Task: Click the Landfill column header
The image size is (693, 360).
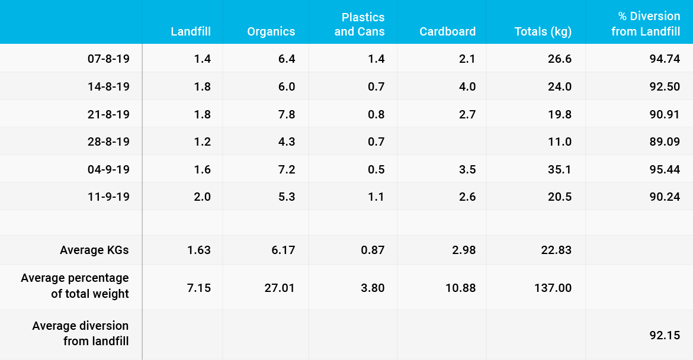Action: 191,32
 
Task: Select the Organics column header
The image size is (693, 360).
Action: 271,32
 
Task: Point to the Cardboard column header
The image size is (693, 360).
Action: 447,32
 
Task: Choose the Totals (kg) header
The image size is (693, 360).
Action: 543,32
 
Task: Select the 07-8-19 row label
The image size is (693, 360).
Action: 108,59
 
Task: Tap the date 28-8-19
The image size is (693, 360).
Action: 108,142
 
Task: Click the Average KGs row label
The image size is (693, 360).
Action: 94,250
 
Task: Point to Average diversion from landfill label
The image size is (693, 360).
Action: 81,333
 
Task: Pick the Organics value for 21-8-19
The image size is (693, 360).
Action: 287,114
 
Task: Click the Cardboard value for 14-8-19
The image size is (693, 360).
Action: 467,86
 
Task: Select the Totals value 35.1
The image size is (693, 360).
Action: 560,170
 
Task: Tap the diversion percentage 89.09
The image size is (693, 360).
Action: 665,142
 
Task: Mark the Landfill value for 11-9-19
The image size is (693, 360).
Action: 203,197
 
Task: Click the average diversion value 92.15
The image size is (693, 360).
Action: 665,335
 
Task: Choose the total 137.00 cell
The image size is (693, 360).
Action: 553,288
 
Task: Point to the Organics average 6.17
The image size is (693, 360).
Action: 283,250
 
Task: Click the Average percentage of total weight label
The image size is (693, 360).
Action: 75,285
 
